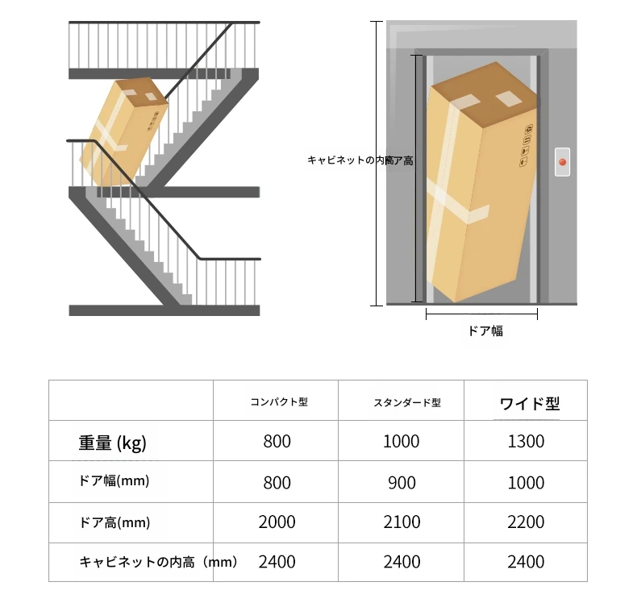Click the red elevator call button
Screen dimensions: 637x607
tap(563, 162)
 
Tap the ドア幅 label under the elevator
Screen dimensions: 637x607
tap(485, 331)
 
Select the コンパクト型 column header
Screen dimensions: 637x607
tap(279, 401)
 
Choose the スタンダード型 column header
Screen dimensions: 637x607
tap(407, 402)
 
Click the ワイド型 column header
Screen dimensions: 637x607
tap(530, 404)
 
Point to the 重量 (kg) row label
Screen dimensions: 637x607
tap(113, 443)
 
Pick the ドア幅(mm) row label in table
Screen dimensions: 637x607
tap(114, 480)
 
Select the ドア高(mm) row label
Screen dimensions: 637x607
tap(114, 522)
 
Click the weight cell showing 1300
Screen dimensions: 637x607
tap(526, 441)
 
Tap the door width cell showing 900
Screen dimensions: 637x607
tap(402, 483)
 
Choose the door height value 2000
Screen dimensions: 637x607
tap(277, 522)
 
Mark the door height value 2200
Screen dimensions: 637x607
tap(526, 522)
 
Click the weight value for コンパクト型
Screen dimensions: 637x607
tap(277, 441)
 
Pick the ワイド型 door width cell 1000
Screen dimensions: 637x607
tap(526, 483)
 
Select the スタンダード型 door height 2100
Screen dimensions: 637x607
tap(402, 522)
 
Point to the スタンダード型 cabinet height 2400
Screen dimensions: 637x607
tap(402, 562)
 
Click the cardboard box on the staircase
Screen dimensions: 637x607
tap(124, 131)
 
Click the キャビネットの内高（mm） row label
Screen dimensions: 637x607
tap(158, 563)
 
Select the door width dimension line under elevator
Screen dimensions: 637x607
tap(482, 314)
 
